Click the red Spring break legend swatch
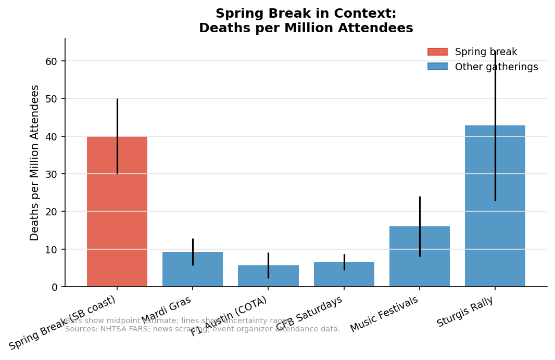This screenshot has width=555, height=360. coord(437,52)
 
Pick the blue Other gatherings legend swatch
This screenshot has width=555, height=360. coord(437,67)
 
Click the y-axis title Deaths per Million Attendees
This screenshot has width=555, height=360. coord(35,162)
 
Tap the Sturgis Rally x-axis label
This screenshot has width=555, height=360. coord(465,312)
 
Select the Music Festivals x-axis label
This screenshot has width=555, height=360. coord(384,314)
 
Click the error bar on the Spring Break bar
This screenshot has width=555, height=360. coord(117,120)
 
